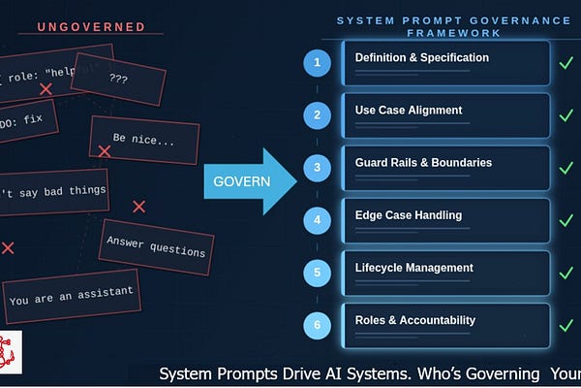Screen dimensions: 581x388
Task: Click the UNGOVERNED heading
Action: (x=91, y=26)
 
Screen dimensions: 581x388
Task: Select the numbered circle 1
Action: (x=317, y=63)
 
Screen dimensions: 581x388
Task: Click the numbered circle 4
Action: (x=317, y=220)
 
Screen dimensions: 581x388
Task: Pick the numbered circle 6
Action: (x=317, y=326)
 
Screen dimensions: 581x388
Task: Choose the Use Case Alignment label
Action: (x=409, y=110)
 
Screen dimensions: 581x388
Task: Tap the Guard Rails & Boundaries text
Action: (x=423, y=162)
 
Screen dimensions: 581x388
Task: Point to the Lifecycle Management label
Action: (x=413, y=268)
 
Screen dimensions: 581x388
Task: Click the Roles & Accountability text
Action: (x=414, y=320)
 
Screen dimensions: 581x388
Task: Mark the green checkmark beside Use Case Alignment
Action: (x=566, y=115)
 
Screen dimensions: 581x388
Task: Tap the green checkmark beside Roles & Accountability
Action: (x=566, y=326)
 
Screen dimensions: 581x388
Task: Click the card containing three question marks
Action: (x=118, y=79)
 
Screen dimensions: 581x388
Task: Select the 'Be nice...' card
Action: (x=144, y=141)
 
